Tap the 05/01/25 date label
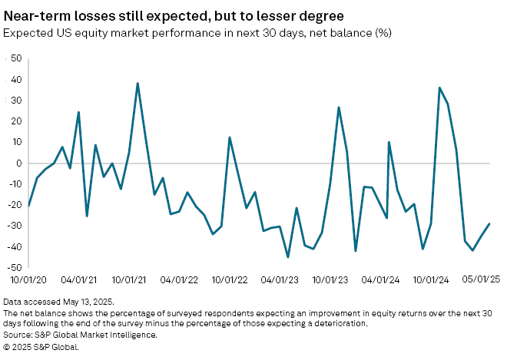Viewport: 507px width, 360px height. click(x=482, y=282)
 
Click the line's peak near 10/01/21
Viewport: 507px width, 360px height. click(x=138, y=83)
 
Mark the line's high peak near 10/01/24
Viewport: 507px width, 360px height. click(x=439, y=88)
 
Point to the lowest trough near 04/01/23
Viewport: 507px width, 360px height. click(x=288, y=257)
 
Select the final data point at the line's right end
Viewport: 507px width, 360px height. click(x=489, y=223)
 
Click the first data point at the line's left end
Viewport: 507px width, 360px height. click(x=28, y=206)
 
